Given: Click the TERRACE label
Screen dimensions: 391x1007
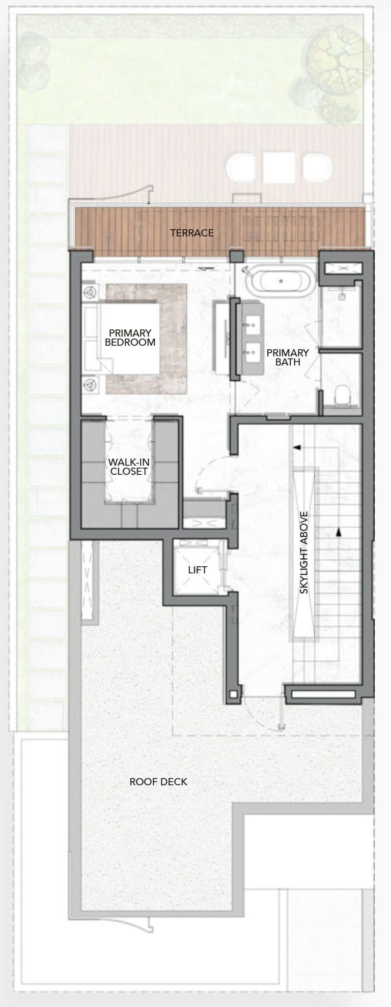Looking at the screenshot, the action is pos(191,233).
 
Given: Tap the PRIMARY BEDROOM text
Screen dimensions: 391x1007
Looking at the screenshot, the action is pos(130,338).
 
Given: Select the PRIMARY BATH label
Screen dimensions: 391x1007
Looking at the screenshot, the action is pos(288,357).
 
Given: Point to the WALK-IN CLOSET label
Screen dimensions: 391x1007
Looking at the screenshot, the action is pos(129,467).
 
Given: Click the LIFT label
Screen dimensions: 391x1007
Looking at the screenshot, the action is pos(198,570).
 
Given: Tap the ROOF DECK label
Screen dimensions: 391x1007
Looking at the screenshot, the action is pos(158,781).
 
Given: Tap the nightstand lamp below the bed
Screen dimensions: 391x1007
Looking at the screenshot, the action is pos(91,384).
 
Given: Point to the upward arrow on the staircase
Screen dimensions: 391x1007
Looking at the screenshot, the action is pos(338,532).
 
